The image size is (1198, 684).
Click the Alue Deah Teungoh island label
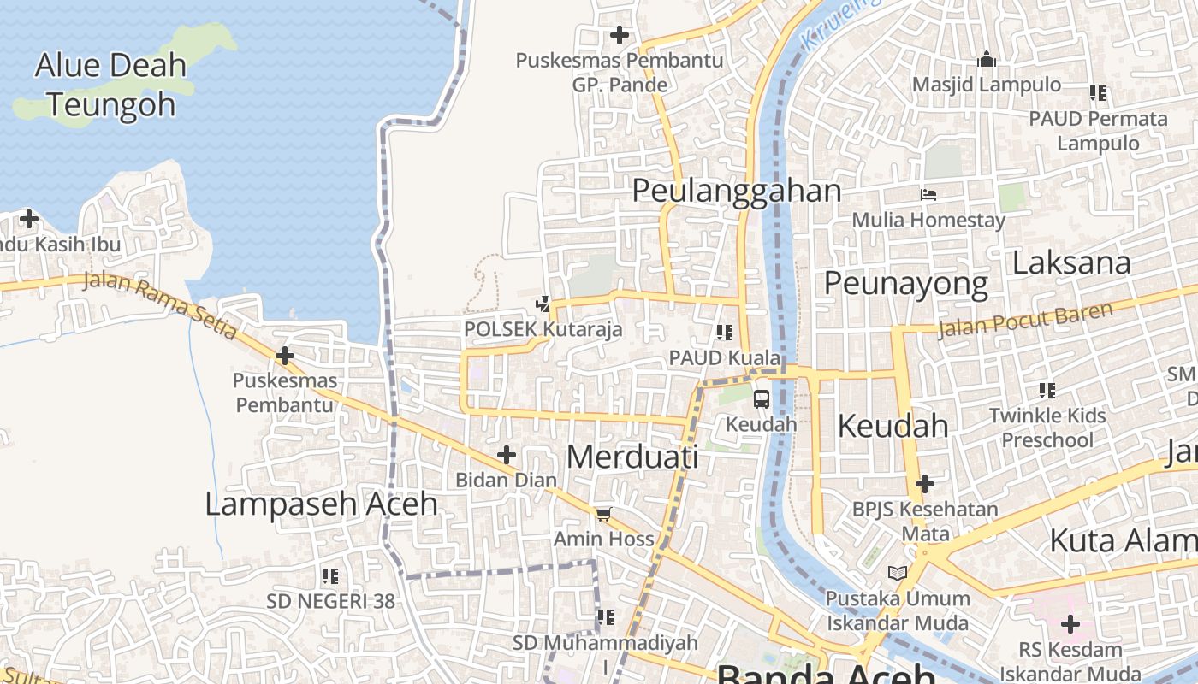pyautogui.click(x=111, y=85)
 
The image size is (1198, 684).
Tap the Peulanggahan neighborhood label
pyautogui.click(x=736, y=191)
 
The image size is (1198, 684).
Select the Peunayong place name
pyautogui.click(x=905, y=283)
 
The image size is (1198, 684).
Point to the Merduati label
pyautogui.click(x=632, y=457)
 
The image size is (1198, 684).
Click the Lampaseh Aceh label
pyautogui.click(x=321, y=504)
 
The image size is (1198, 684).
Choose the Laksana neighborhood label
pyautogui.click(x=1071, y=262)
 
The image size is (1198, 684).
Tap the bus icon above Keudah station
pyautogui.click(x=761, y=398)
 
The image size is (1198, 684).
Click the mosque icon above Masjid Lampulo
pyautogui.click(x=987, y=60)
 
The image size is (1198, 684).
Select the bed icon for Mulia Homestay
pyautogui.click(x=928, y=195)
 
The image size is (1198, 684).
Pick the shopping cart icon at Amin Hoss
pyautogui.click(x=603, y=514)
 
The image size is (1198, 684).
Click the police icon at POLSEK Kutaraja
pyautogui.click(x=543, y=304)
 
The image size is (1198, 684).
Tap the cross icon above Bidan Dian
pyautogui.click(x=506, y=454)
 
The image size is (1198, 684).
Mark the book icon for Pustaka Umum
pyautogui.click(x=898, y=573)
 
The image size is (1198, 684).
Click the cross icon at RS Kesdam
pyautogui.click(x=1070, y=623)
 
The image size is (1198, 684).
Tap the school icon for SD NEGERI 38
pyautogui.click(x=330, y=576)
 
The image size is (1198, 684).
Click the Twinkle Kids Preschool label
pyautogui.click(x=1047, y=427)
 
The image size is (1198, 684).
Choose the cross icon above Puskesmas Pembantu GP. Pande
pyautogui.click(x=619, y=35)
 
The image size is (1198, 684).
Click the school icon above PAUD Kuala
pyautogui.click(x=725, y=332)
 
